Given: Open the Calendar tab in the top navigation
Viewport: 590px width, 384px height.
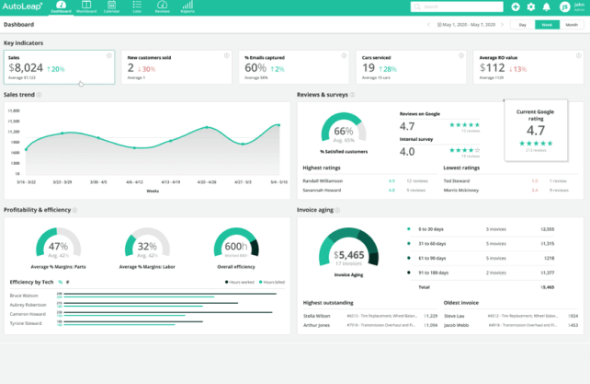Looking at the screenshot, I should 111,8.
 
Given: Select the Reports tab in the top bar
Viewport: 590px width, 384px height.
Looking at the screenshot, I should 187,8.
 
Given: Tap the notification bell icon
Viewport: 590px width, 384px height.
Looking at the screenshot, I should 548,6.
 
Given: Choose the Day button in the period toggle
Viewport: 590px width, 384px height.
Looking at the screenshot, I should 523,25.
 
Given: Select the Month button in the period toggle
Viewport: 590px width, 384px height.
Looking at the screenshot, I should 571,25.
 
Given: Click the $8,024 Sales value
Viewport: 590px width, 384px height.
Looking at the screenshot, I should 26,67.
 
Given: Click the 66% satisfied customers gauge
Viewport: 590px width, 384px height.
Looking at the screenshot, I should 343,131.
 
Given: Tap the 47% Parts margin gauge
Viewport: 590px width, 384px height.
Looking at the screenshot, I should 58,247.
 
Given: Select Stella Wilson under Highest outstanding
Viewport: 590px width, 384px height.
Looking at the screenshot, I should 317,315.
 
